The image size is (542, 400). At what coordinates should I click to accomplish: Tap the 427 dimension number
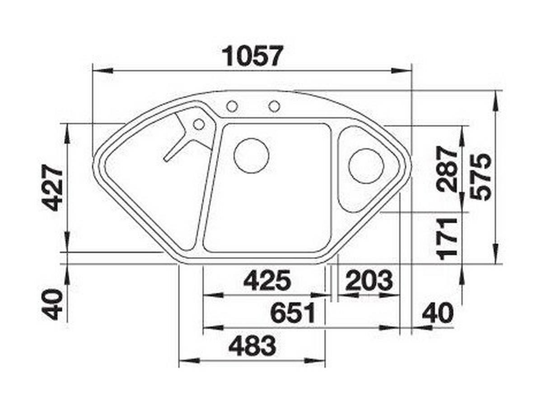pyautogui.click(x=52, y=187)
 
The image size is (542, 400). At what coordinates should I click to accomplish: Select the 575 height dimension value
pyautogui.click(x=481, y=177)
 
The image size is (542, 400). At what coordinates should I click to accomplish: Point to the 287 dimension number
pyautogui.click(x=448, y=169)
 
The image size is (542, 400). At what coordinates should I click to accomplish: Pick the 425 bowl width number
pyautogui.click(x=267, y=280)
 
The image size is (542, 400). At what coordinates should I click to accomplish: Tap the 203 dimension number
pyautogui.click(x=369, y=280)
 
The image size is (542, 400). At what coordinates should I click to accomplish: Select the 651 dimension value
pyautogui.click(x=293, y=313)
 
